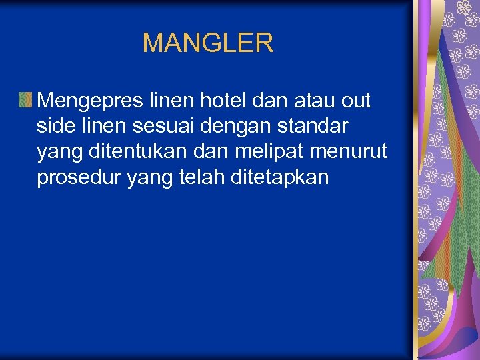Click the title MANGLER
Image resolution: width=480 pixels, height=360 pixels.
(x=208, y=43)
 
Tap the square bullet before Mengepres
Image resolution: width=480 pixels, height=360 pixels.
(x=26, y=101)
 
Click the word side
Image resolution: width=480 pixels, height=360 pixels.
(x=57, y=126)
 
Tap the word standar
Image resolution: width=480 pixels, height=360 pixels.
(x=317, y=126)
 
